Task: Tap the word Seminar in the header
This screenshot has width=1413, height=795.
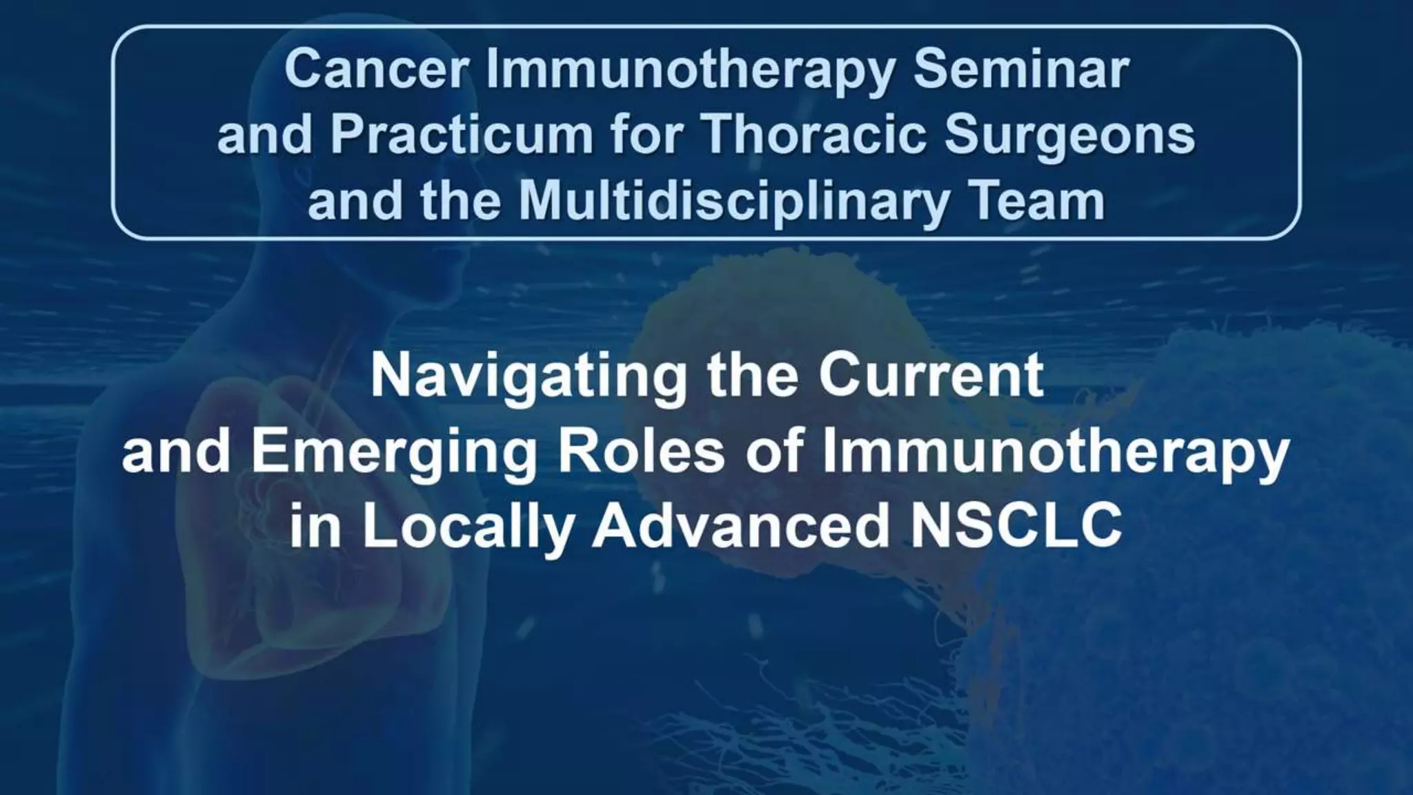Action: (1020, 70)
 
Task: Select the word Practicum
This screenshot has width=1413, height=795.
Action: (462, 135)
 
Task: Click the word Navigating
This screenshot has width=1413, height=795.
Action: (528, 378)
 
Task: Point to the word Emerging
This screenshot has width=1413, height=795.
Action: (394, 454)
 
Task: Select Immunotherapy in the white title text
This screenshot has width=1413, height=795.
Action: (1055, 454)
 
